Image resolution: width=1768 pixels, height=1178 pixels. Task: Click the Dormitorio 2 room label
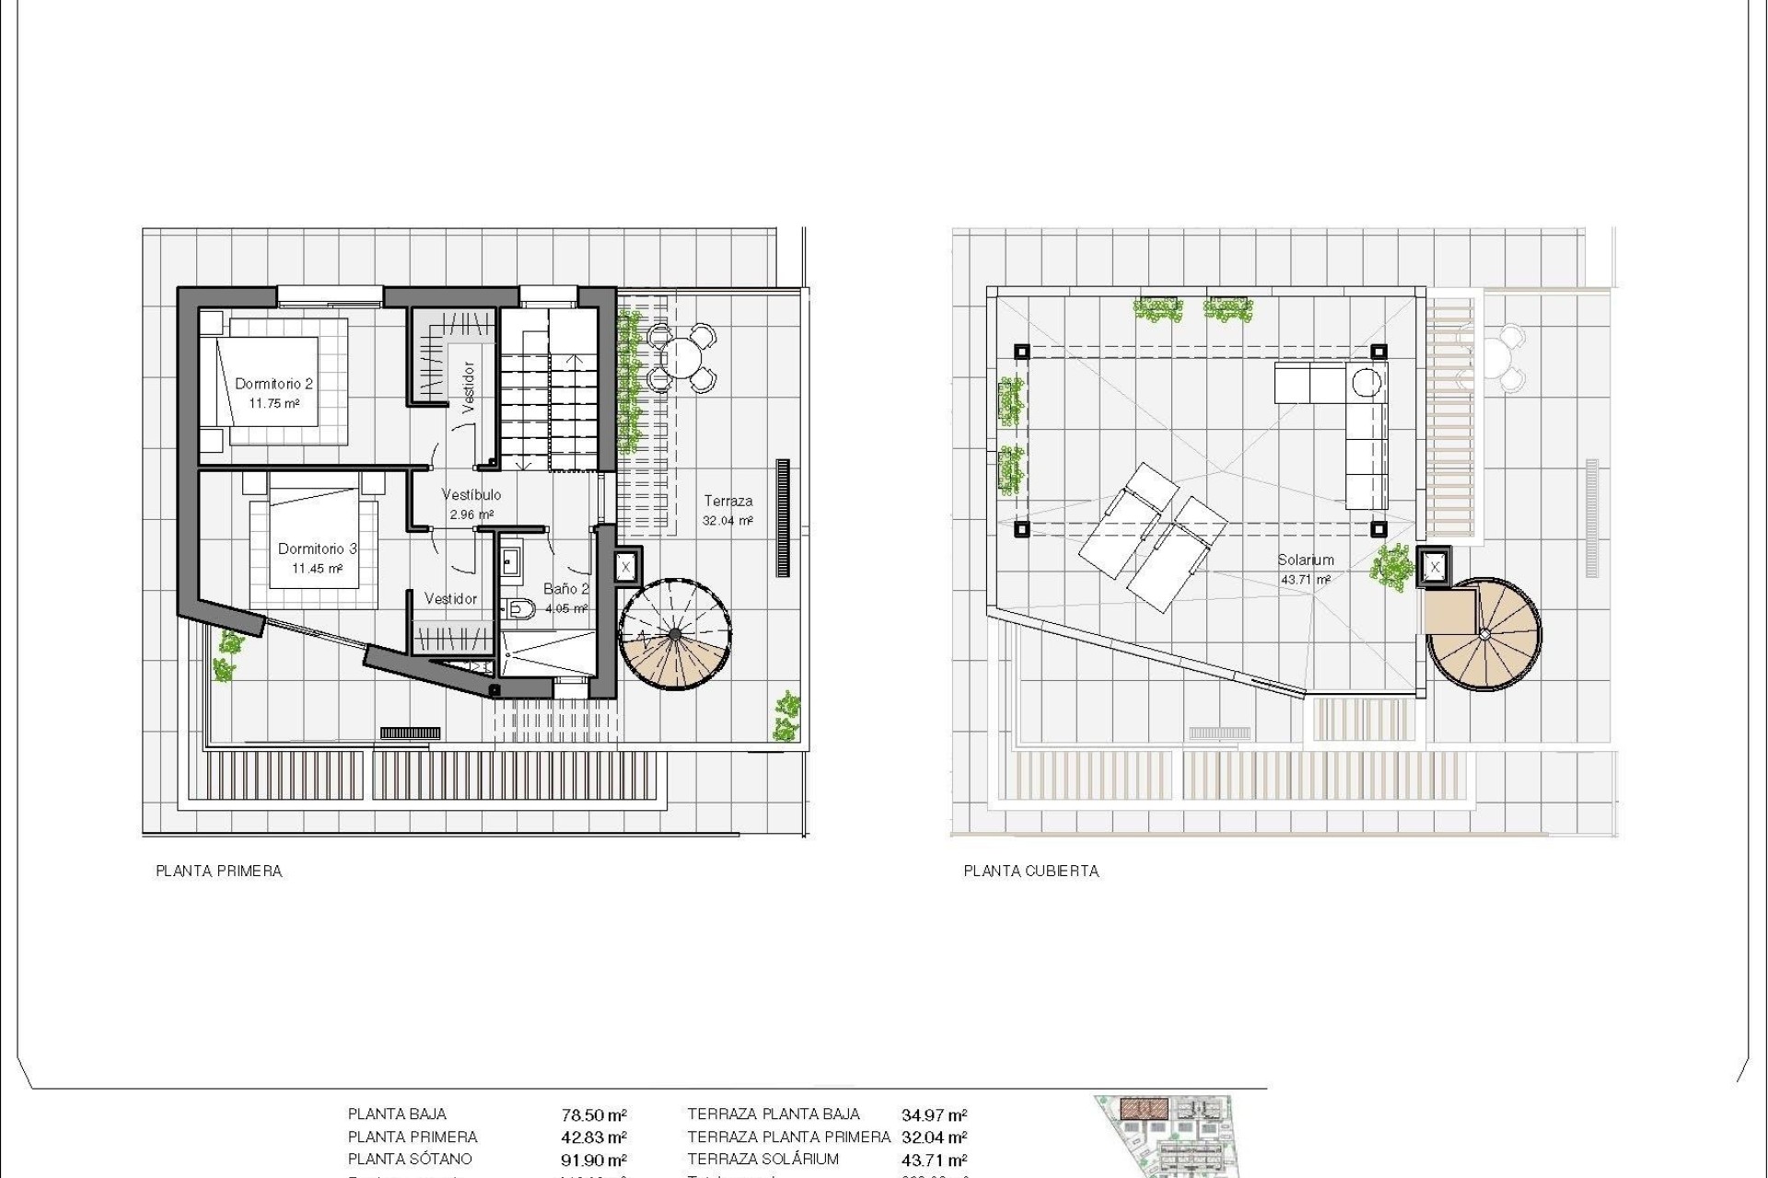click(x=273, y=384)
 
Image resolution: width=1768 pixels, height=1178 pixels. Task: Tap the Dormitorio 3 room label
click(x=317, y=549)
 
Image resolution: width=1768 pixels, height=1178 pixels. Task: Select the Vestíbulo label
click(x=471, y=495)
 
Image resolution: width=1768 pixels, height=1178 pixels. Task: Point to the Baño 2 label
click(x=565, y=589)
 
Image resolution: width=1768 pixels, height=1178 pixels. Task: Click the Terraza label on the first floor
click(x=728, y=502)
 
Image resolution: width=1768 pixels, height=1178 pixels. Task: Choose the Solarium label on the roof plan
click(x=1305, y=560)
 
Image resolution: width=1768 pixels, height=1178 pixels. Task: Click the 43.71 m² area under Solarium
click(x=1305, y=580)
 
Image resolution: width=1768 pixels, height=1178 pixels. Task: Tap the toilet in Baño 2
click(x=521, y=607)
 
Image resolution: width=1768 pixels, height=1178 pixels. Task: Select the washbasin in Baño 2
click(x=510, y=560)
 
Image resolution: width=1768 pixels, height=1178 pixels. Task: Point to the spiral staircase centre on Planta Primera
click(x=676, y=634)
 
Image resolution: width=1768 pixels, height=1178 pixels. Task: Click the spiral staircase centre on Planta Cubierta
click(x=1484, y=634)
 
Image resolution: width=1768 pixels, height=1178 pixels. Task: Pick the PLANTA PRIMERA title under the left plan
click(x=219, y=871)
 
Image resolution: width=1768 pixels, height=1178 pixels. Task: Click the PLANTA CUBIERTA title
click(x=1031, y=871)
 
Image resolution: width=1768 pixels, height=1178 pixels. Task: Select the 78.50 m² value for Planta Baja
click(x=594, y=1115)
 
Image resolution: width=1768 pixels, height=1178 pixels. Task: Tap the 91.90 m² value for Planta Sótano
click(x=594, y=1161)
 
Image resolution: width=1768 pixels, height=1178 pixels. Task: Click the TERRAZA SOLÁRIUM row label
click(x=763, y=1160)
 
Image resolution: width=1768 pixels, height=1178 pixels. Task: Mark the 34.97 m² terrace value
click(x=934, y=1115)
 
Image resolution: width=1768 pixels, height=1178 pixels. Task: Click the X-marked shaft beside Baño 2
click(x=625, y=567)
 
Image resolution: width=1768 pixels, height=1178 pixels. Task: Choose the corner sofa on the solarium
click(x=1354, y=414)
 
